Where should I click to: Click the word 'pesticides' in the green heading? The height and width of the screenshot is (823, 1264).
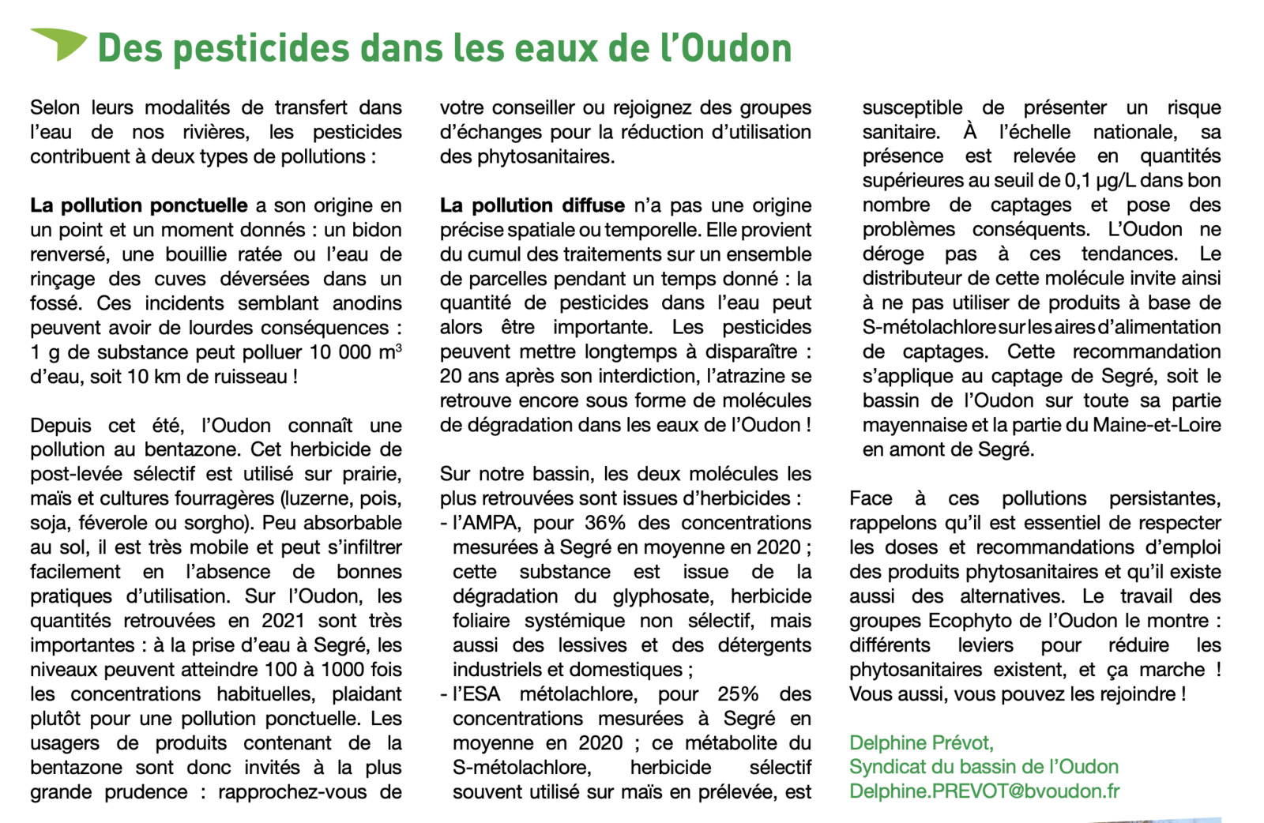(x=260, y=48)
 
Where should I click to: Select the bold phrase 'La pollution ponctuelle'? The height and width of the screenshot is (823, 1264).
(x=139, y=205)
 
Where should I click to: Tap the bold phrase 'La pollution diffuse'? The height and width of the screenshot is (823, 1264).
(x=532, y=205)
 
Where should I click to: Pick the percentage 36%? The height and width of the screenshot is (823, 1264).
(x=605, y=523)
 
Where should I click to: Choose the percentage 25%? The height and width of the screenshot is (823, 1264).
(x=738, y=694)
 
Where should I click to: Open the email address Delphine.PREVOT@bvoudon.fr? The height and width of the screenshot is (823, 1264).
(x=984, y=791)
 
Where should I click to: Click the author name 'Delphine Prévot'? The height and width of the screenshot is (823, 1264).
(x=921, y=742)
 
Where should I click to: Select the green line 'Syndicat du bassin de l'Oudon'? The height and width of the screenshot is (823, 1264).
(x=984, y=767)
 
